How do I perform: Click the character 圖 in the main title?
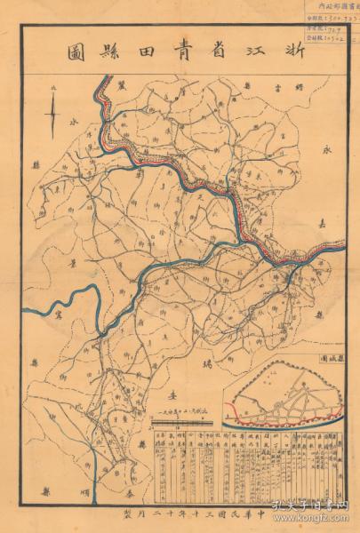pos(76,51)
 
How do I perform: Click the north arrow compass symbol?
pos(53,114)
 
